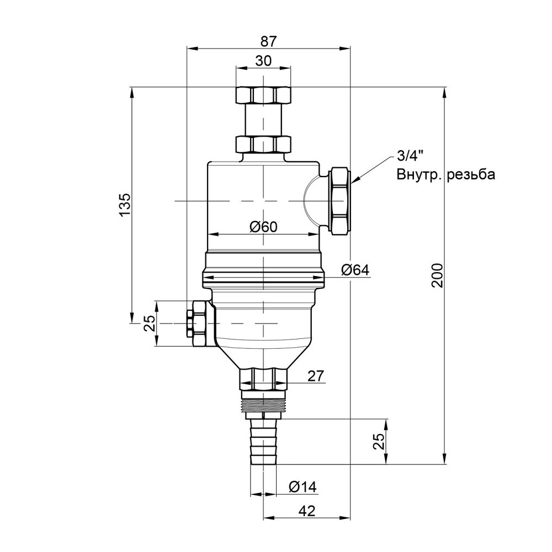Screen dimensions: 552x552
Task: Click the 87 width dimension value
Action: (x=269, y=41)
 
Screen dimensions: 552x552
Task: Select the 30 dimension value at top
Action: (x=263, y=61)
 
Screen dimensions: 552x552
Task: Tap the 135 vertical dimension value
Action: (x=125, y=205)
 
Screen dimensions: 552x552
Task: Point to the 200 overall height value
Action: (x=437, y=275)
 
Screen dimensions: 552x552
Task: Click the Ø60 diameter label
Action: (x=263, y=227)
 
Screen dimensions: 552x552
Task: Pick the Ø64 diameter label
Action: (x=355, y=270)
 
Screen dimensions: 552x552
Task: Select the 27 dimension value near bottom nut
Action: (x=315, y=376)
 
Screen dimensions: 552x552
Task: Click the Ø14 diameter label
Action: (x=302, y=487)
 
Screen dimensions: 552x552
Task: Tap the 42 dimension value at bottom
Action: (x=306, y=511)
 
